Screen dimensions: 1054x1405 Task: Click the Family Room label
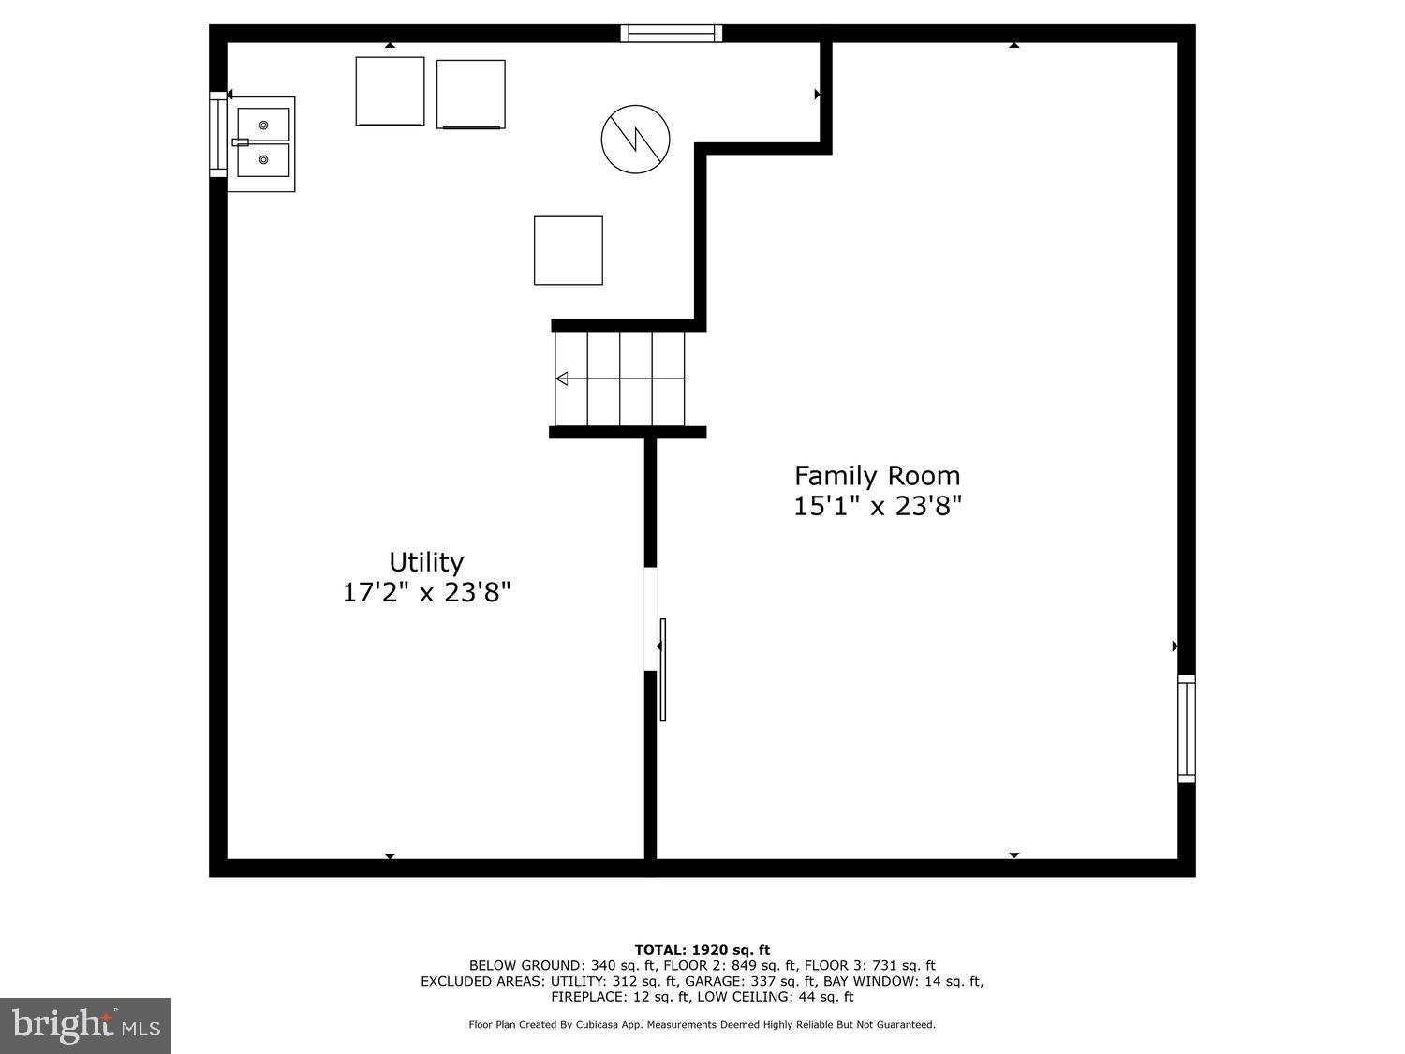877,476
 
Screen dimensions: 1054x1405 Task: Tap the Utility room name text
426,562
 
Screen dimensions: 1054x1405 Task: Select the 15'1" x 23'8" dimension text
877,507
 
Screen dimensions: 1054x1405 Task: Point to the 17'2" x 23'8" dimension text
426,593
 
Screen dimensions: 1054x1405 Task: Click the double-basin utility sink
262,143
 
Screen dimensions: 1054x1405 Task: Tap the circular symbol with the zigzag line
635,139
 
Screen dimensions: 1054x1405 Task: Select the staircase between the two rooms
620,379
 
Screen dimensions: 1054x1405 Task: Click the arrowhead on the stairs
562,379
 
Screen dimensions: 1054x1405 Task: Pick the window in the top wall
672,34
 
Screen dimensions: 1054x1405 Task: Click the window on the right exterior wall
1186,729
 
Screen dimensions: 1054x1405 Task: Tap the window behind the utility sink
217,134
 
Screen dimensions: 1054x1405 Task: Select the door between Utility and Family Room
661,669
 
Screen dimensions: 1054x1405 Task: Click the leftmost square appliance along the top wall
390,91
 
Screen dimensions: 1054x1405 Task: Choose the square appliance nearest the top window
470,94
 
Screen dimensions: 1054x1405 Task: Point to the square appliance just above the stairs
568,250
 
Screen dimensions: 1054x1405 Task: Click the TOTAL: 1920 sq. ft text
702,950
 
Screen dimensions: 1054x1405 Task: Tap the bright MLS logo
86,1025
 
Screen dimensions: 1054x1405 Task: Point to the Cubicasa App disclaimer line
702,1025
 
